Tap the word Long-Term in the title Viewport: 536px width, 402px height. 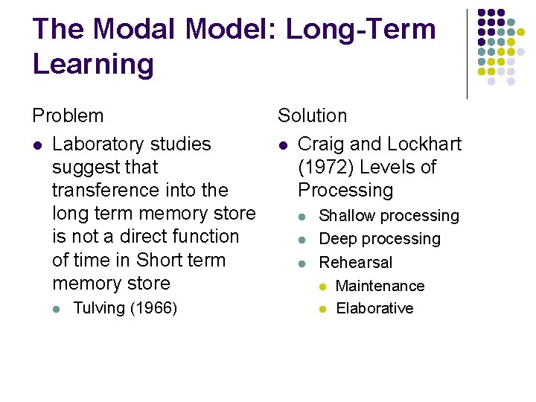pyautogui.click(x=361, y=30)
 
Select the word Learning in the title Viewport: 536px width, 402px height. pyautogui.click(x=93, y=65)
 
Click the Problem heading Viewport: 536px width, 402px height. pyautogui.click(x=68, y=116)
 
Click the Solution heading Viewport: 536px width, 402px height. pyautogui.click(x=312, y=116)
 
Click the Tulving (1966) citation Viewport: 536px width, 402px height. pyautogui.click(x=125, y=308)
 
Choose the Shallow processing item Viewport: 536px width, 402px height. pyautogui.click(x=389, y=216)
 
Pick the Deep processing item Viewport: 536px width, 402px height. pyautogui.click(x=380, y=239)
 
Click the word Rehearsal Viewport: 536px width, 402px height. pyautogui.click(x=355, y=262)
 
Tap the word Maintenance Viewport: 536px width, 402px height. pyautogui.click(x=380, y=286)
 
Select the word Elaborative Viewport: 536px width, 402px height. pyautogui.click(x=374, y=308)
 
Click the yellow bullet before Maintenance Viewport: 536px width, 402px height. pyautogui.click(x=323, y=287)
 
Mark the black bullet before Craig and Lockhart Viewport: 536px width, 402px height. pyautogui.click(x=282, y=144)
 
